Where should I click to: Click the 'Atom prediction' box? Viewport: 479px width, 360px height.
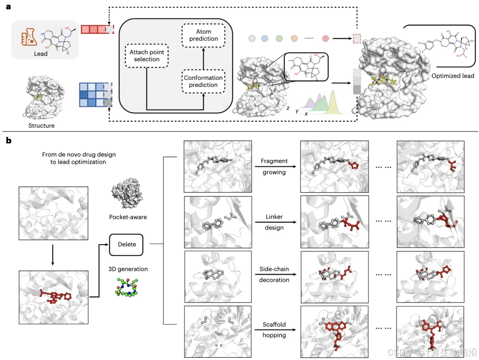tap(204, 35)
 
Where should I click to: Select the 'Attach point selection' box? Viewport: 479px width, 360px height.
tap(147, 55)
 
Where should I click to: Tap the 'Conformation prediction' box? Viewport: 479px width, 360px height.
tap(204, 81)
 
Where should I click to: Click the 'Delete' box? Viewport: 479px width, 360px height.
tap(127, 245)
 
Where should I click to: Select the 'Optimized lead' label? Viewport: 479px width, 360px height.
tap(452, 75)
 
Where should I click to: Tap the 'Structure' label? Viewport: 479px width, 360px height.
tap(41, 126)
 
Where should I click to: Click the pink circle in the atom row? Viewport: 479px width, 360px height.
tap(326, 39)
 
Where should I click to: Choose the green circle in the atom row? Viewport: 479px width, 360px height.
tap(279, 39)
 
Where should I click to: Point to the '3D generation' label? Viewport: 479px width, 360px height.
tap(127, 269)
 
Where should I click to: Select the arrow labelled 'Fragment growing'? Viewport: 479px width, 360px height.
tap(274, 167)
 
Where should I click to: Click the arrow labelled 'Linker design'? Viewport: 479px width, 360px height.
tap(274, 223)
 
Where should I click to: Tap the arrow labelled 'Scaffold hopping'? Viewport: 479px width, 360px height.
tap(274, 330)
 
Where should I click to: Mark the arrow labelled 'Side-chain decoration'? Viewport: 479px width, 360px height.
tap(274, 275)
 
